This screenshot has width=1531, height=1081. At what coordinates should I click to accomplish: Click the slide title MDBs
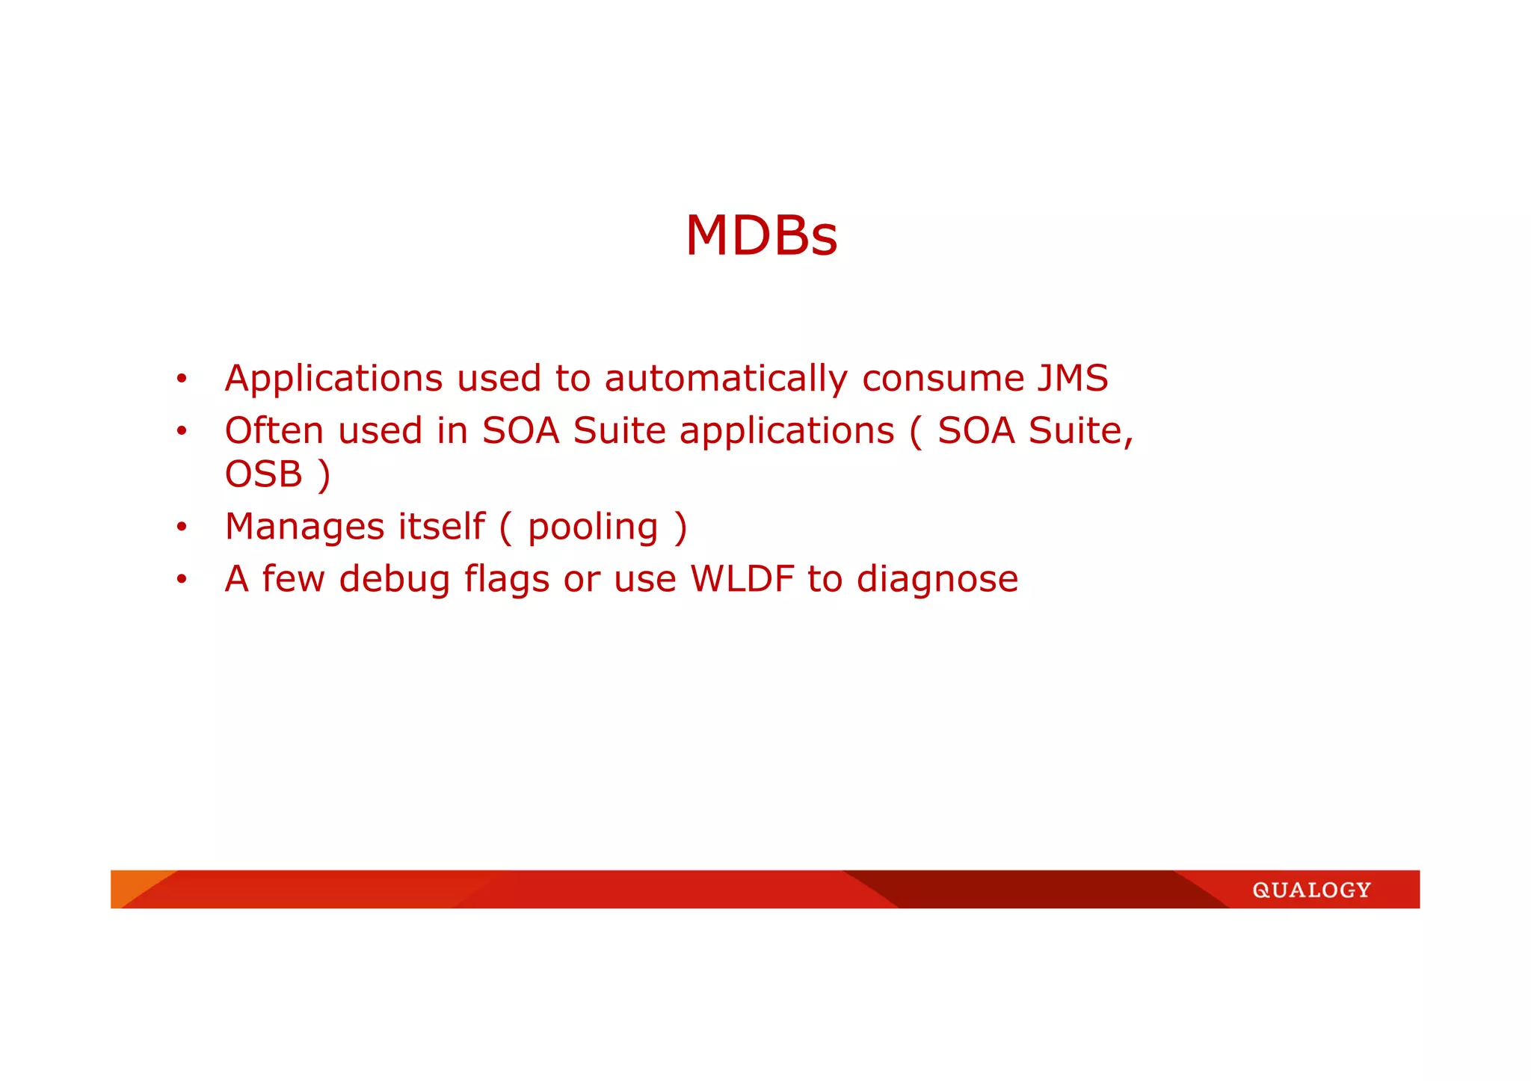point(761,236)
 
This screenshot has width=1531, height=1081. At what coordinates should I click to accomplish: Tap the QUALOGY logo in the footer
point(1311,890)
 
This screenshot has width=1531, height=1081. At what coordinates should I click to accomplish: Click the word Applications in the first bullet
point(334,379)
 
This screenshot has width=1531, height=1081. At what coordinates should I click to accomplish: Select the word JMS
point(1072,378)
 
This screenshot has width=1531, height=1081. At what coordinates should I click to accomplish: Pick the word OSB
point(264,474)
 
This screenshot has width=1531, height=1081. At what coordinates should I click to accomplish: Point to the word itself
point(441,526)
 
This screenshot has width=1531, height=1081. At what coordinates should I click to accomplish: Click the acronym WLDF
point(742,579)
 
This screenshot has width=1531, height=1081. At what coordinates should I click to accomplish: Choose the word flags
point(507,580)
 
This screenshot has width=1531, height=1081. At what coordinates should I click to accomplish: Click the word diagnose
point(937,580)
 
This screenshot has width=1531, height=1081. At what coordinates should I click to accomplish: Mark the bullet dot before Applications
point(181,380)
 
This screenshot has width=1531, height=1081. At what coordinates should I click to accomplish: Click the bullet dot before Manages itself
point(181,527)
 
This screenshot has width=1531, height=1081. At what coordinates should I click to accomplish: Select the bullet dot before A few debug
point(181,580)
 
